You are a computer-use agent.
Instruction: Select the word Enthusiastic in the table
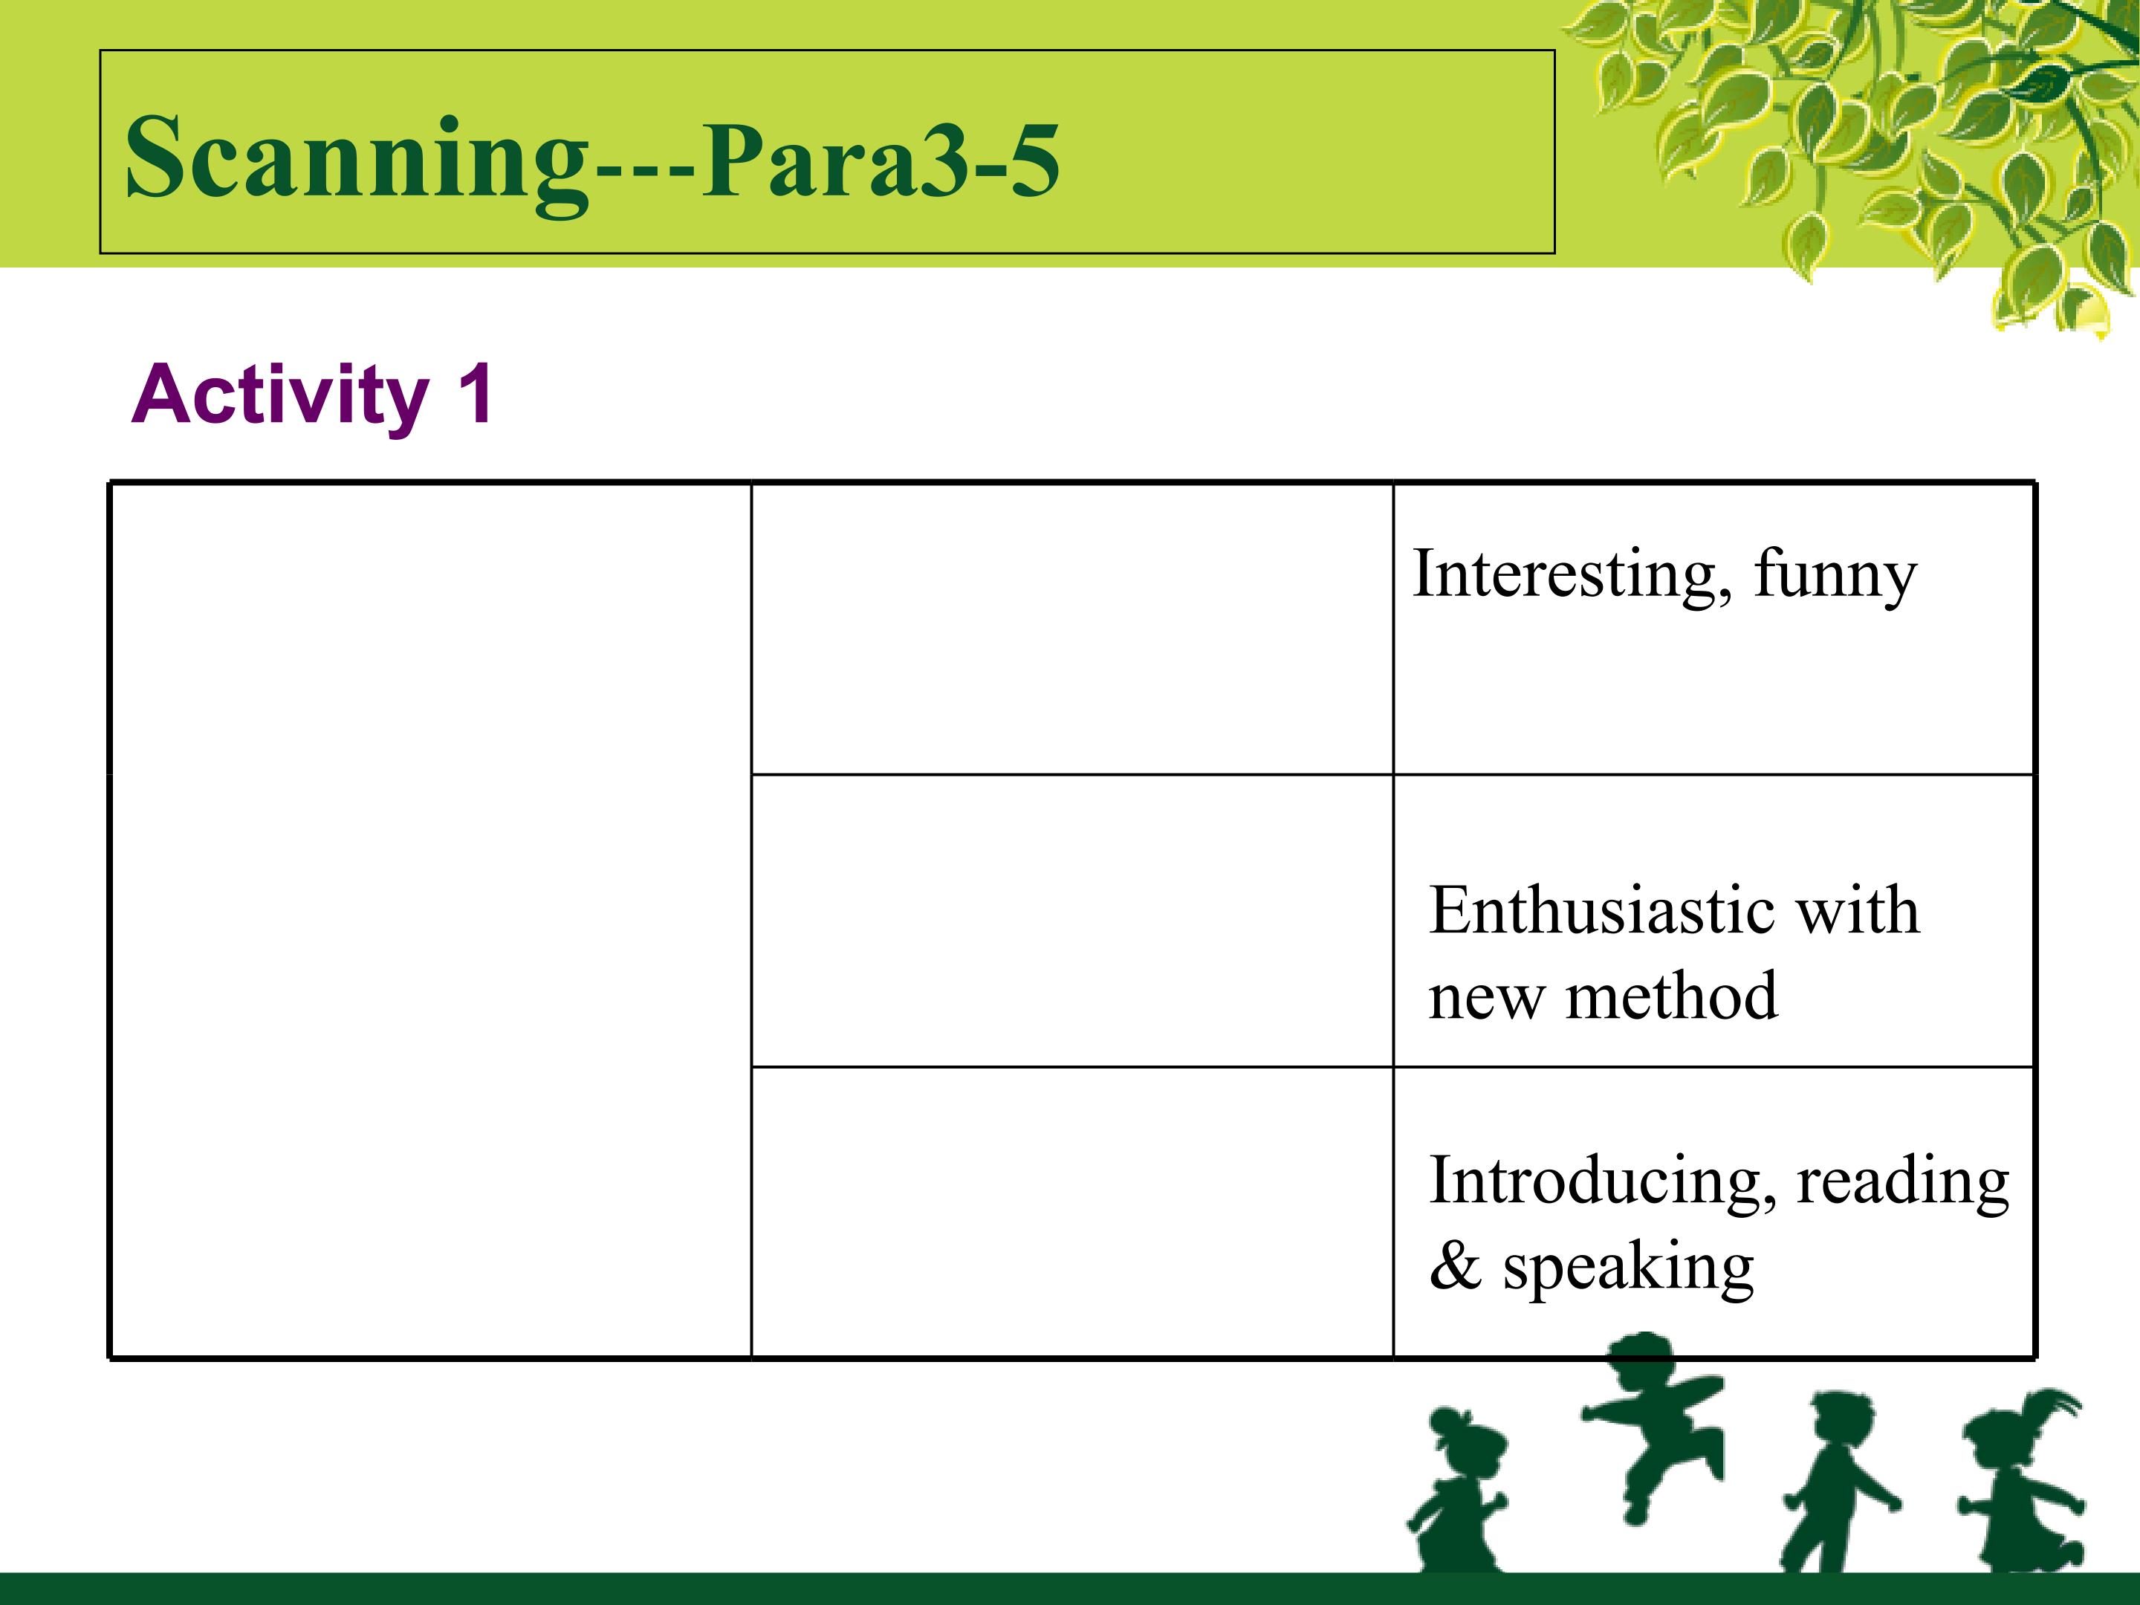1601,910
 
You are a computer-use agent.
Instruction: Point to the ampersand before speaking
1455,1266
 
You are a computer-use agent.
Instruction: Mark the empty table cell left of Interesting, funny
1072,629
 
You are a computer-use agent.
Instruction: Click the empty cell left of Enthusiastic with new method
1072,920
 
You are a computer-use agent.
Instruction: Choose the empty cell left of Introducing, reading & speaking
1072,1211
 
